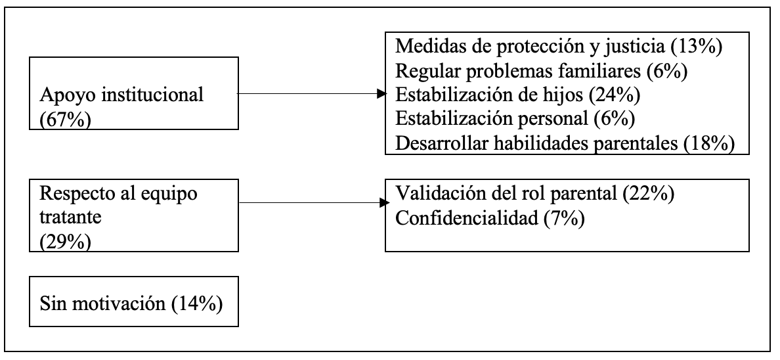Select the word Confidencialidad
point(467,217)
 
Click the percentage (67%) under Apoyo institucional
point(65,120)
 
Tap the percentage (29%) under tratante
point(65,242)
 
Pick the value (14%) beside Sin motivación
point(196,304)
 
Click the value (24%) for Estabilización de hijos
point(615,95)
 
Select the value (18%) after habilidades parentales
point(709,143)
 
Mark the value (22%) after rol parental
point(648,193)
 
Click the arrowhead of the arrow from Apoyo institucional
point(382,93)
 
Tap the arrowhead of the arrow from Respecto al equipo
point(384,202)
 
